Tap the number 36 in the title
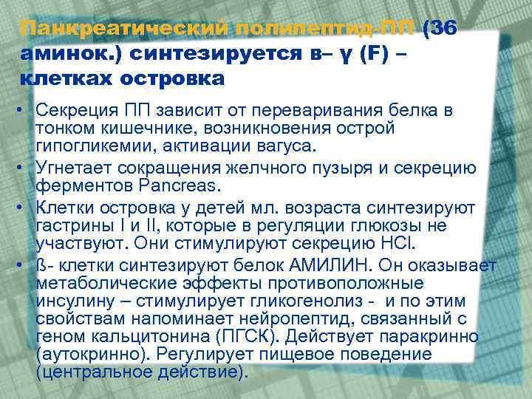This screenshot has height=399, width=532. click(442, 29)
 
